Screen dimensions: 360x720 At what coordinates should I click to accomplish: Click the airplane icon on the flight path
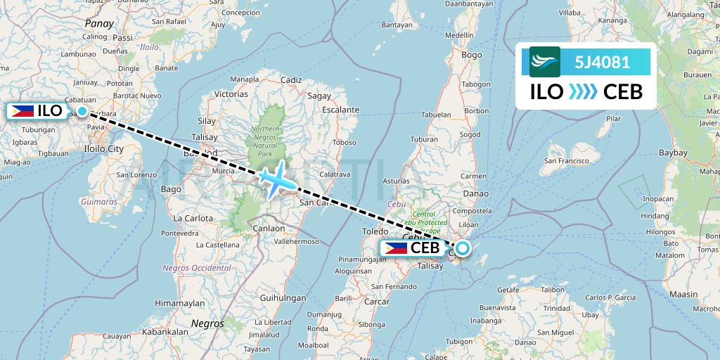(x=277, y=178)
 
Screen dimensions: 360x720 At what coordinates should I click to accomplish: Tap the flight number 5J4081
(x=602, y=62)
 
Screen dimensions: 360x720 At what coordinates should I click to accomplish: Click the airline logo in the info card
(x=545, y=62)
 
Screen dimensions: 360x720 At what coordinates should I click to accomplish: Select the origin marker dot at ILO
(x=82, y=111)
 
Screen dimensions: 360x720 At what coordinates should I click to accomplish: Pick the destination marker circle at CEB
(x=463, y=247)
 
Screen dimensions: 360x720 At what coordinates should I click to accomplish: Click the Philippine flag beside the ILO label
(x=22, y=111)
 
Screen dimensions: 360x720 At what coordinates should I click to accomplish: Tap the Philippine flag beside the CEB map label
(x=396, y=248)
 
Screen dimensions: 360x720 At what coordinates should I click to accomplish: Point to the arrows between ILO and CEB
(x=582, y=91)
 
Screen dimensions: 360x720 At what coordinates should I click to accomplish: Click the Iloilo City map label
(x=103, y=149)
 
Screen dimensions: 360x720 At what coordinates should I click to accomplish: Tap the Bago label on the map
(x=171, y=189)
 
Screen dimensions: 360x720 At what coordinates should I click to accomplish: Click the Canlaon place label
(x=269, y=228)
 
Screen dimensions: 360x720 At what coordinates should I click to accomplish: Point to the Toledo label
(x=375, y=231)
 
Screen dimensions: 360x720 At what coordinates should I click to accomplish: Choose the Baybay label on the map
(x=673, y=152)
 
